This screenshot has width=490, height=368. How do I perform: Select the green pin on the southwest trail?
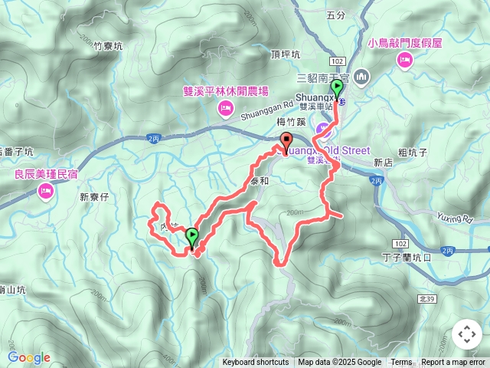click(191, 238)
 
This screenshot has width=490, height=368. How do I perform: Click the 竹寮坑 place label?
click(107, 46)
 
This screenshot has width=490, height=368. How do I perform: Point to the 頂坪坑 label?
click(286, 54)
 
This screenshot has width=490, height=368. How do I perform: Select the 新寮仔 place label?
click(96, 197)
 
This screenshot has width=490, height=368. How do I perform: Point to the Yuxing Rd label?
click(456, 218)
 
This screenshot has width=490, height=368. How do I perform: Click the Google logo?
click(28, 357)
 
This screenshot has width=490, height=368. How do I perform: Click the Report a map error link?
click(452, 363)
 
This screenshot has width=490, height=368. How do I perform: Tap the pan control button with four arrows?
click(466, 334)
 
